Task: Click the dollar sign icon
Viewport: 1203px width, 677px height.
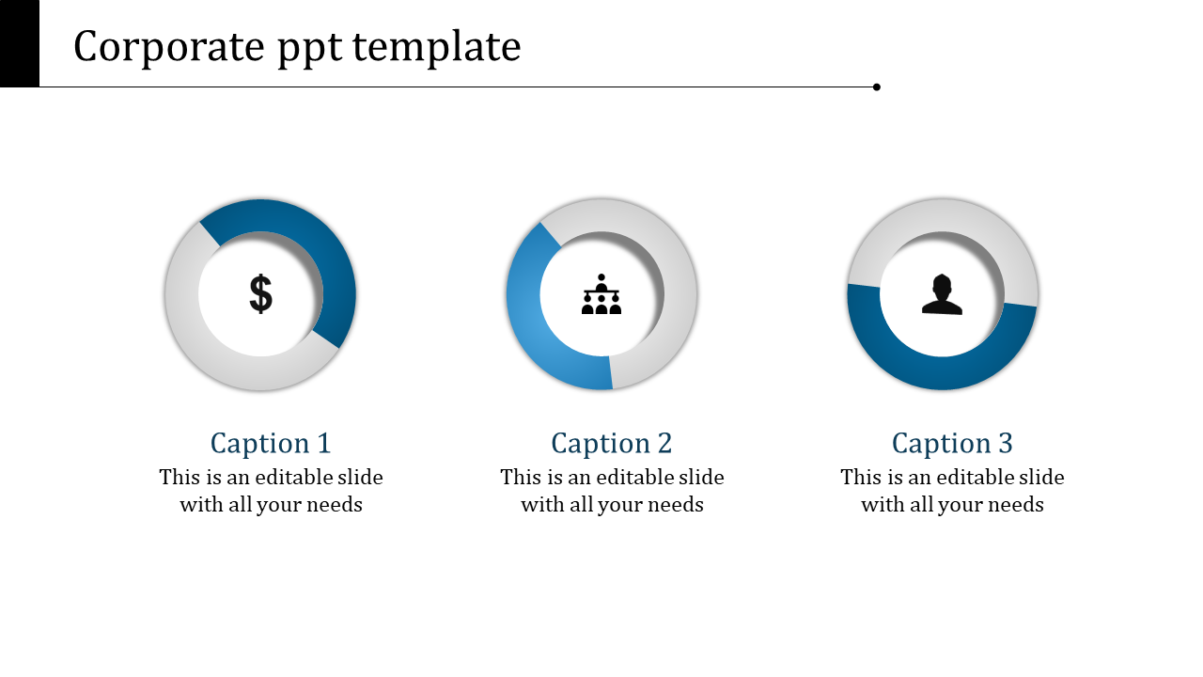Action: [x=260, y=294]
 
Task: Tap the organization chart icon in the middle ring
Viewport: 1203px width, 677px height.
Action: [x=601, y=295]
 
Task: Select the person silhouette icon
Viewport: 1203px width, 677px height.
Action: [x=942, y=294]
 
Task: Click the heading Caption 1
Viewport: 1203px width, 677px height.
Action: [x=271, y=443]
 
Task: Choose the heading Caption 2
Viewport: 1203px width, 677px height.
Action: [x=612, y=443]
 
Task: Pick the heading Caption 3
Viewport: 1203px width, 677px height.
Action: [x=952, y=443]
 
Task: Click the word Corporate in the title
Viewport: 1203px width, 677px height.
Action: [x=169, y=47]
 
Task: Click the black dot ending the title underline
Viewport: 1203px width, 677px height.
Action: [x=877, y=87]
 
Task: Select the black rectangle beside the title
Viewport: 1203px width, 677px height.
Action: [x=19, y=43]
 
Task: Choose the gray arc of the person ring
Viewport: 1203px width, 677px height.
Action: [x=943, y=215]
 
